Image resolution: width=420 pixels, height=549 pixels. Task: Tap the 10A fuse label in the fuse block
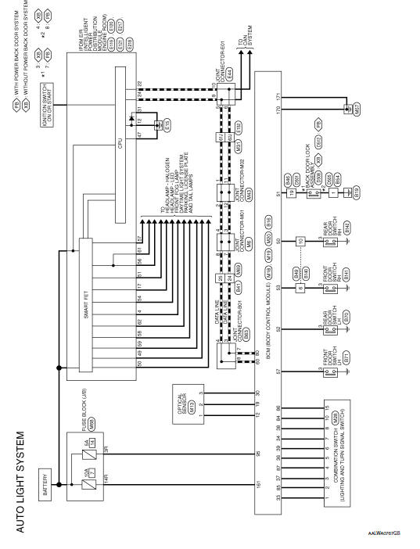point(82,472)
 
